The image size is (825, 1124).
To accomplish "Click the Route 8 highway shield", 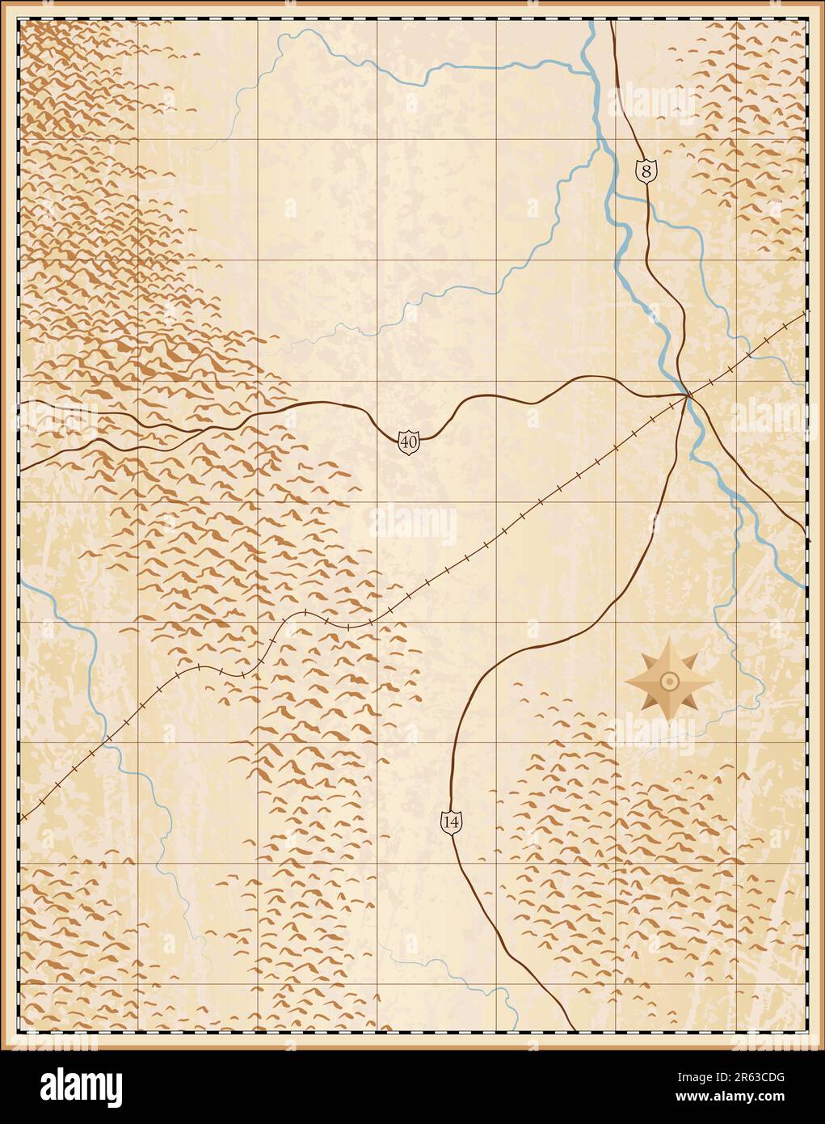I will tap(645, 171).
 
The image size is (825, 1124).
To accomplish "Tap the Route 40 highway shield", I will tap(409, 442).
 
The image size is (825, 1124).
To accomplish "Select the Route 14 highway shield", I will tap(452, 822).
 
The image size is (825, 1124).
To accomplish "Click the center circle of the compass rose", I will tap(669, 681).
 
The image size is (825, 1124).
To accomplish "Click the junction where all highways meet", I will tap(688, 395).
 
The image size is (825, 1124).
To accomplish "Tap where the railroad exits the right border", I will tap(805, 313).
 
